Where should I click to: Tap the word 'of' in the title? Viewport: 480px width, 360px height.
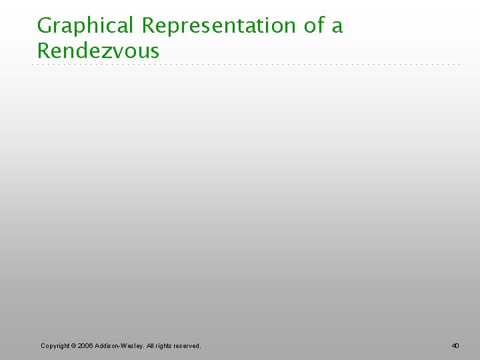pos(315,25)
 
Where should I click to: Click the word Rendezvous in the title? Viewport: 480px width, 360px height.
pos(99,50)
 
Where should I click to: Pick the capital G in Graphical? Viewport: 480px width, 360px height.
pos(45,25)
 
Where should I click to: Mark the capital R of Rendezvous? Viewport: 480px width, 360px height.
pos(44,50)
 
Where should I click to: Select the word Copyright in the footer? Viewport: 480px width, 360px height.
pos(56,345)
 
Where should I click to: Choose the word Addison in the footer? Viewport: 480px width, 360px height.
pos(108,345)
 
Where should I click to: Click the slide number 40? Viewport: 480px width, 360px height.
pos(455,345)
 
